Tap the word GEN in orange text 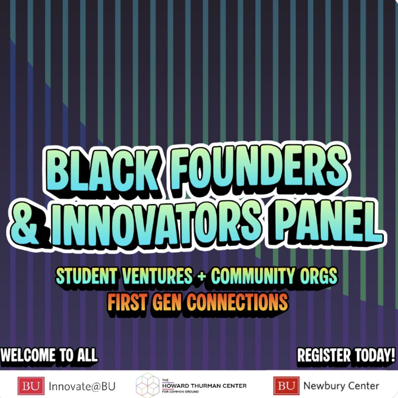(169, 302)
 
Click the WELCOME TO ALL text (50, 355)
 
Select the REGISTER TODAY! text (346, 355)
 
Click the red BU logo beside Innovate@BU (30, 386)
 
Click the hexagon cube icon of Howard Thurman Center (148, 384)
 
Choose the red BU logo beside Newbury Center (286, 386)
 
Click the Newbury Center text (341, 386)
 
